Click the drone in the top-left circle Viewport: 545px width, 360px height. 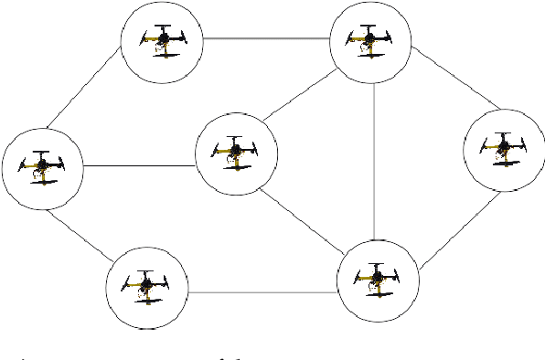click(163, 39)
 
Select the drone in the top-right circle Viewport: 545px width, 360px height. click(369, 40)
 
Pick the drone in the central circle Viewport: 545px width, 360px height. click(236, 152)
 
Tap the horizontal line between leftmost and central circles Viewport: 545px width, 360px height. click(138, 165)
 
